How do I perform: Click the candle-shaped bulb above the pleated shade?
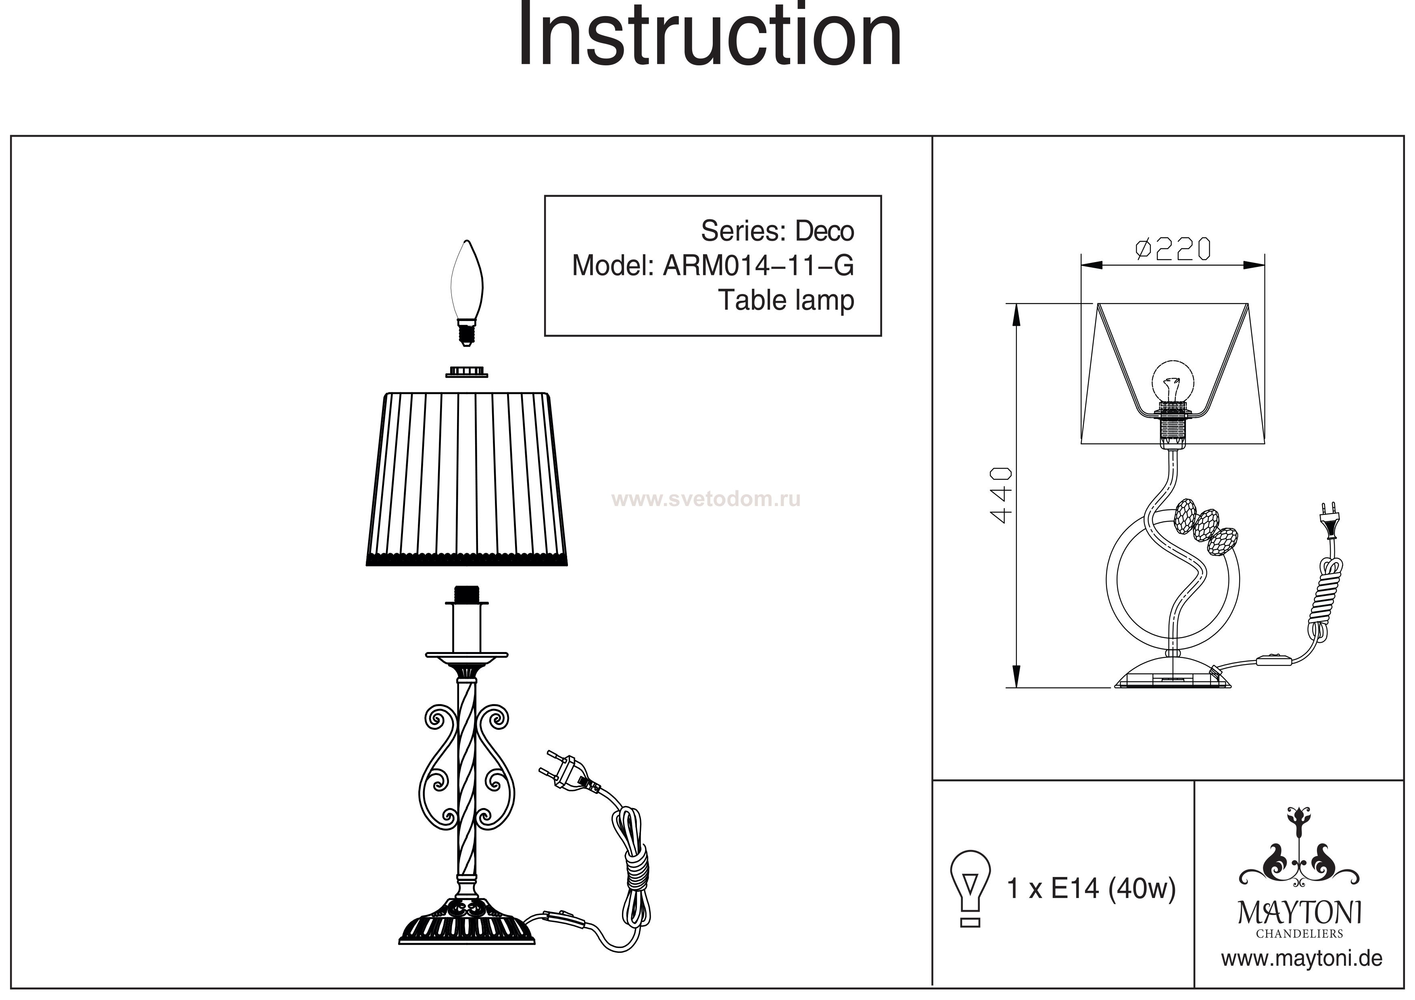coord(467,293)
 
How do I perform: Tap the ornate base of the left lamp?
coord(467,924)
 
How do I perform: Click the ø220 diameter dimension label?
coord(1173,249)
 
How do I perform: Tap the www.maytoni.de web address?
coord(1302,959)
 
